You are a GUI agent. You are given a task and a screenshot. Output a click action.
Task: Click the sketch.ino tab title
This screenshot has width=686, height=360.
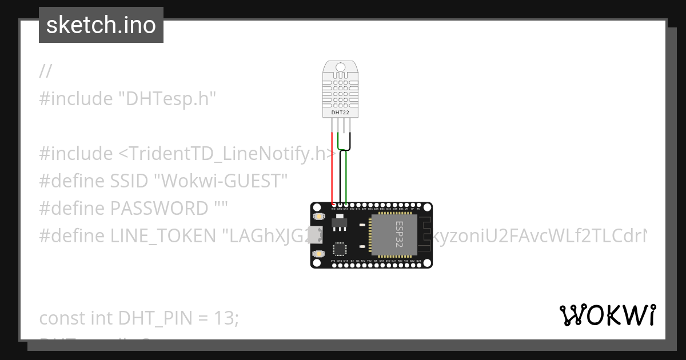[101, 25]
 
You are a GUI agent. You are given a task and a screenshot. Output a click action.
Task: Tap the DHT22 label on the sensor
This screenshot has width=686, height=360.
[340, 113]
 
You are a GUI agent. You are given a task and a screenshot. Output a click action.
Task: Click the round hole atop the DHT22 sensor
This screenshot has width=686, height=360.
[341, 67]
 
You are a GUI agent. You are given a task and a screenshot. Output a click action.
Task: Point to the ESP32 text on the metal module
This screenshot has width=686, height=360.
[399, 234]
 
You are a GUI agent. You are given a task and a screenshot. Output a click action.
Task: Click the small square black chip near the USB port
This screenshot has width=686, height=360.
[340, 249]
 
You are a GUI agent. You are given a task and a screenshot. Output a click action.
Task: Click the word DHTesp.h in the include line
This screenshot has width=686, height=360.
[167, 98]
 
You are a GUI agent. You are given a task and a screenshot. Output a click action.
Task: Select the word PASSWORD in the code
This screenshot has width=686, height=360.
[158, 208]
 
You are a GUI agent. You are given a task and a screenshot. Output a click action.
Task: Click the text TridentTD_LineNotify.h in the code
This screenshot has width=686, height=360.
[228, 153]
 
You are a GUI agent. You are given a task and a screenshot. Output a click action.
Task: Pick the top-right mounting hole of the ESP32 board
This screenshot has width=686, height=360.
[428, 206]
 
